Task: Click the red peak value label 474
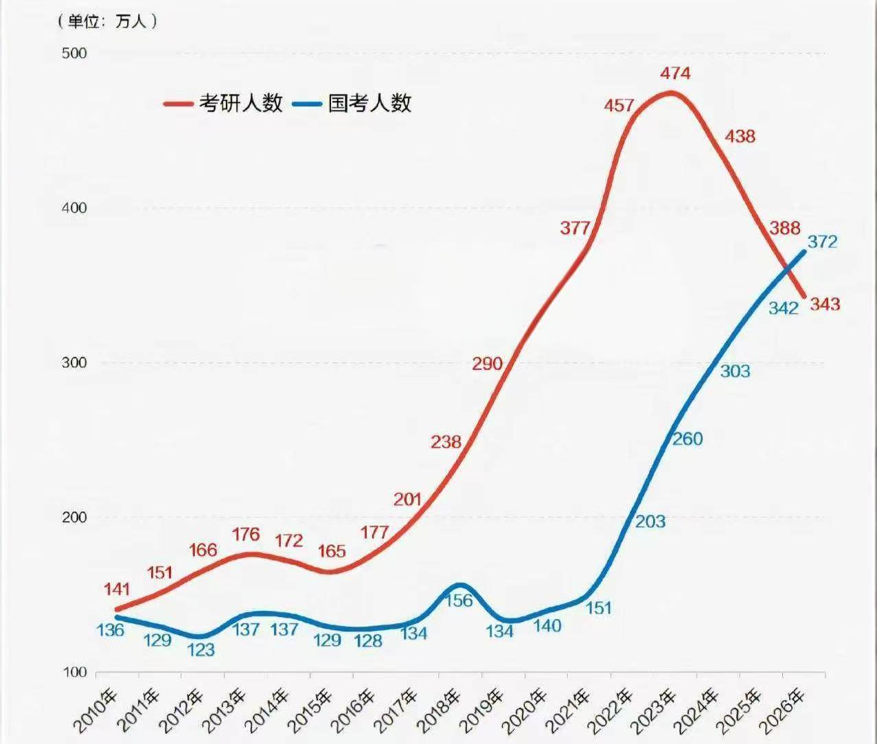tap(675, 73)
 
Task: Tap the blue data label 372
tap(822, 242)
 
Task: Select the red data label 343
tap(825, 304)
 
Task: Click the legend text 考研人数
tap(241, 103)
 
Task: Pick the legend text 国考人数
tap(369, 103)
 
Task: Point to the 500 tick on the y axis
tap(74, 53)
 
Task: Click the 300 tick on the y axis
tap(74, 362)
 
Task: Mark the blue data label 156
tap(459, 601)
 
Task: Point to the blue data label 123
tap(201, 649)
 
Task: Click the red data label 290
tap(487, 364)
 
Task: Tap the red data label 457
tap(619, 106)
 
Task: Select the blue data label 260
tap(687, 439)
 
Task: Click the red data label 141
tap(117, 589)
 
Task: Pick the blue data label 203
tap(650, 522)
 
